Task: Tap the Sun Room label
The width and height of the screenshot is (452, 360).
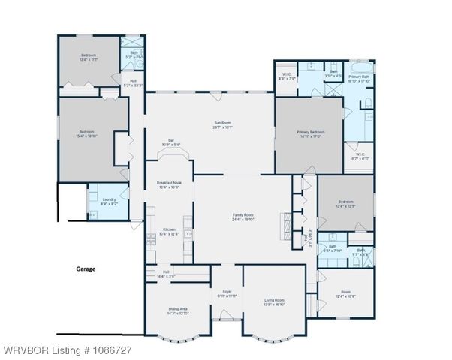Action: (x=222, y=125)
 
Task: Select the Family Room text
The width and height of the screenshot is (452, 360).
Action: (x=243, y=217)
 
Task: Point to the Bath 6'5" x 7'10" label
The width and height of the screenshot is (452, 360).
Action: (x=331, y=248)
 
